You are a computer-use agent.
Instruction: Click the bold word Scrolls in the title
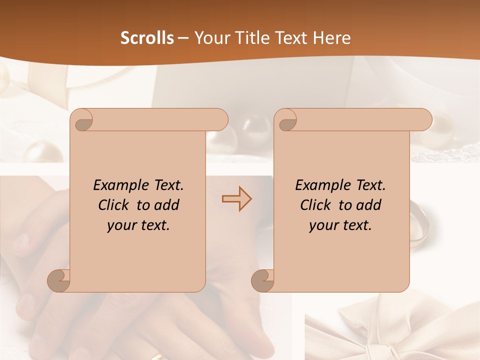tap(147, 38)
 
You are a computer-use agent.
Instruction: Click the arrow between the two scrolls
tap(236, 199)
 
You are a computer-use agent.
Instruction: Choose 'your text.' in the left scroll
tap(138, 225)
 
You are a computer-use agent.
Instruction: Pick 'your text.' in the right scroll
tap(340, 225)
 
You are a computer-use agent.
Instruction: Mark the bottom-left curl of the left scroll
tap(59, 280)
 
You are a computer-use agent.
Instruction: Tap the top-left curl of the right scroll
tap(286, 120)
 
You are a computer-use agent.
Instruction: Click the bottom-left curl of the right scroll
tap(263, 280)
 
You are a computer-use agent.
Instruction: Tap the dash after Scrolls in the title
tap(183, 38)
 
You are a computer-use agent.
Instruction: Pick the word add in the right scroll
tap(367, 205)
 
